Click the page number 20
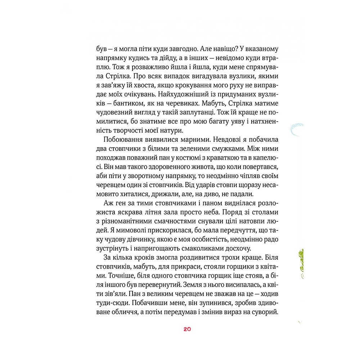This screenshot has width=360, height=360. [187, 329]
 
